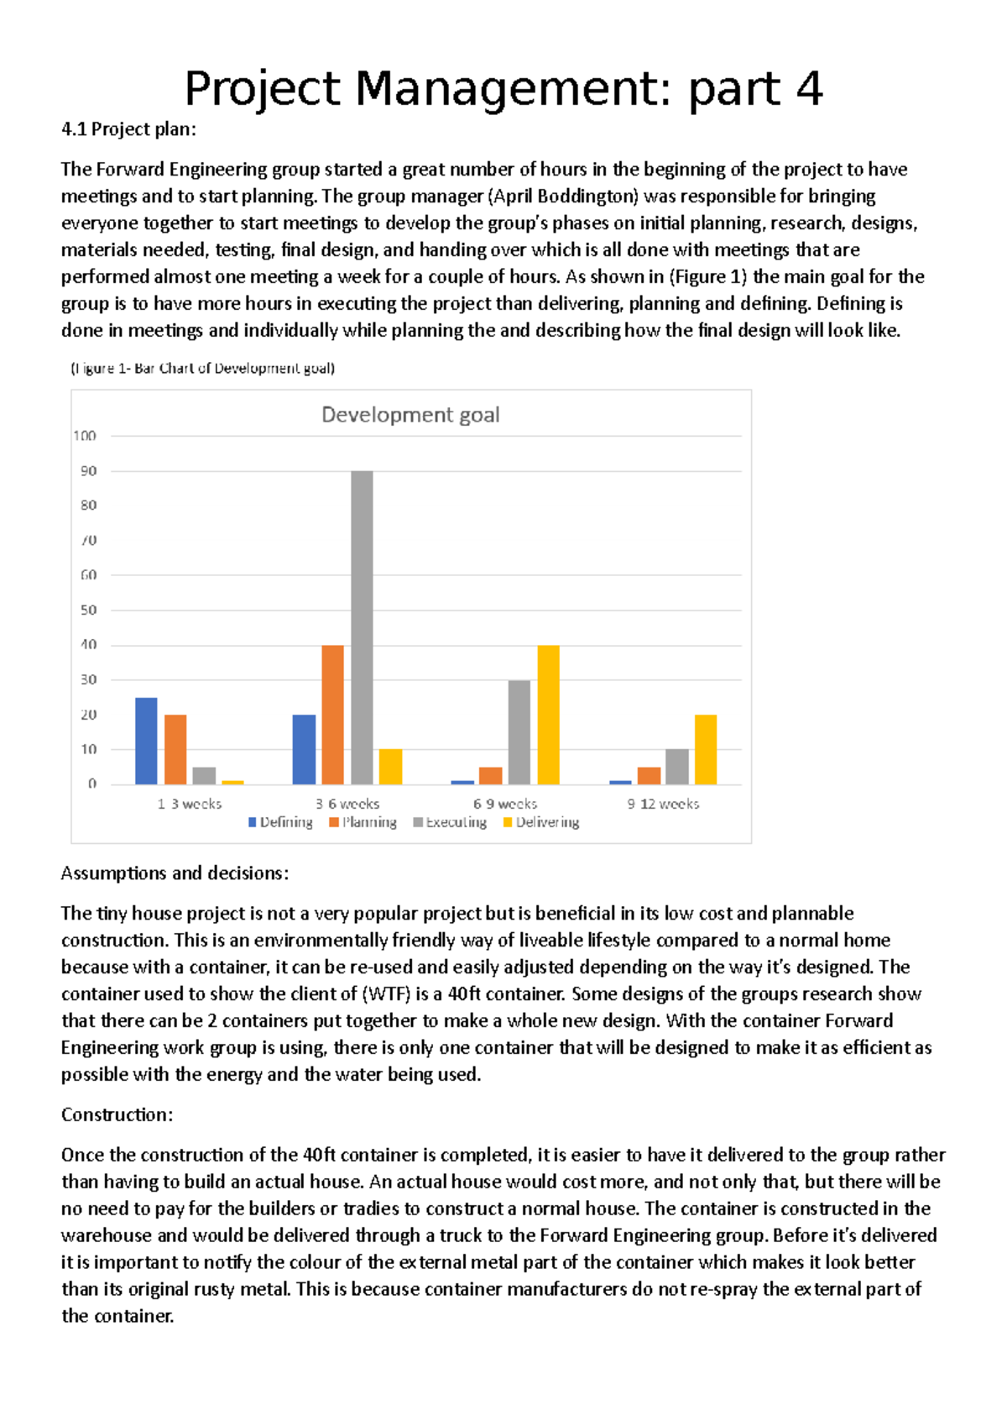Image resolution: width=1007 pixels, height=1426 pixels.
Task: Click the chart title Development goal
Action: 410,415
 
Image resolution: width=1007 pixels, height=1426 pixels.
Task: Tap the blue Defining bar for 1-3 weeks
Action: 146,741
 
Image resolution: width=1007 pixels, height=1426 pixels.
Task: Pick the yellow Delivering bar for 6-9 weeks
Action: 548,715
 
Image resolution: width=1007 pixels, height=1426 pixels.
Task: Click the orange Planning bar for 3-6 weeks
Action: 333,715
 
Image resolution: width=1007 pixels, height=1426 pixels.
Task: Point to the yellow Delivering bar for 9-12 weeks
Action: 706,749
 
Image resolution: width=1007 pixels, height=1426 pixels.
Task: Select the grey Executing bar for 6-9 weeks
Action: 519,732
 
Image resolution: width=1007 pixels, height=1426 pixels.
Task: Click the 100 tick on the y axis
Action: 85,436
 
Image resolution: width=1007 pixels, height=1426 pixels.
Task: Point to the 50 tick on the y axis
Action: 88,611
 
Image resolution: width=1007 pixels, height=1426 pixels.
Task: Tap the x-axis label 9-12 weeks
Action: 663,805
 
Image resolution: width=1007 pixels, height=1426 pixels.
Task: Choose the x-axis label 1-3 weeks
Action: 190,805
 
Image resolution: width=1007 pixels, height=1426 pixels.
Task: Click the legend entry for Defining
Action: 280,822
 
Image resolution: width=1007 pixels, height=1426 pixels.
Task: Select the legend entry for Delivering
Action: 541,822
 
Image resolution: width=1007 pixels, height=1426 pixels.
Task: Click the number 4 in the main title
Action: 809,89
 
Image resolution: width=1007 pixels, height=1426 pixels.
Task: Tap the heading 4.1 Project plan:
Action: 128,129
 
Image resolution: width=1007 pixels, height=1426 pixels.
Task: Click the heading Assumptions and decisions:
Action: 175,873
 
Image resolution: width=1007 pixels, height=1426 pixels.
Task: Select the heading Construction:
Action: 117,1115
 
